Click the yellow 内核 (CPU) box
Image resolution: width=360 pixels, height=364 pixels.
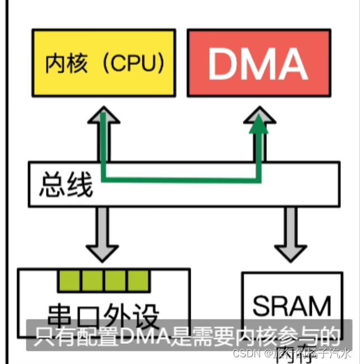pyautogui.click(x=104, y=63)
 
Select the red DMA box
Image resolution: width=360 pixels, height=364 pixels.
pyautogui.click(x=258, y=63)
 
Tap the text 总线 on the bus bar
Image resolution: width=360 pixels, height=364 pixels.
pyautogui.click(x=66, y=186)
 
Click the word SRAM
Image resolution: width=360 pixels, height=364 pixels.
pyautogui.click(x=292, y=305)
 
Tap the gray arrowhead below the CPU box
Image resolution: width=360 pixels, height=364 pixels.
pyautogui.click(x=103, y=119)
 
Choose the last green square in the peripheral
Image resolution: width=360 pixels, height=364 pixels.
pyautogui.click(x=139, y=280)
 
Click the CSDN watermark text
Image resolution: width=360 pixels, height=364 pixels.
pyautogui.click(x=245, y=353)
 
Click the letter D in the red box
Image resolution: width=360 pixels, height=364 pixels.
pyautogui.click(x=220, y=63)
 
